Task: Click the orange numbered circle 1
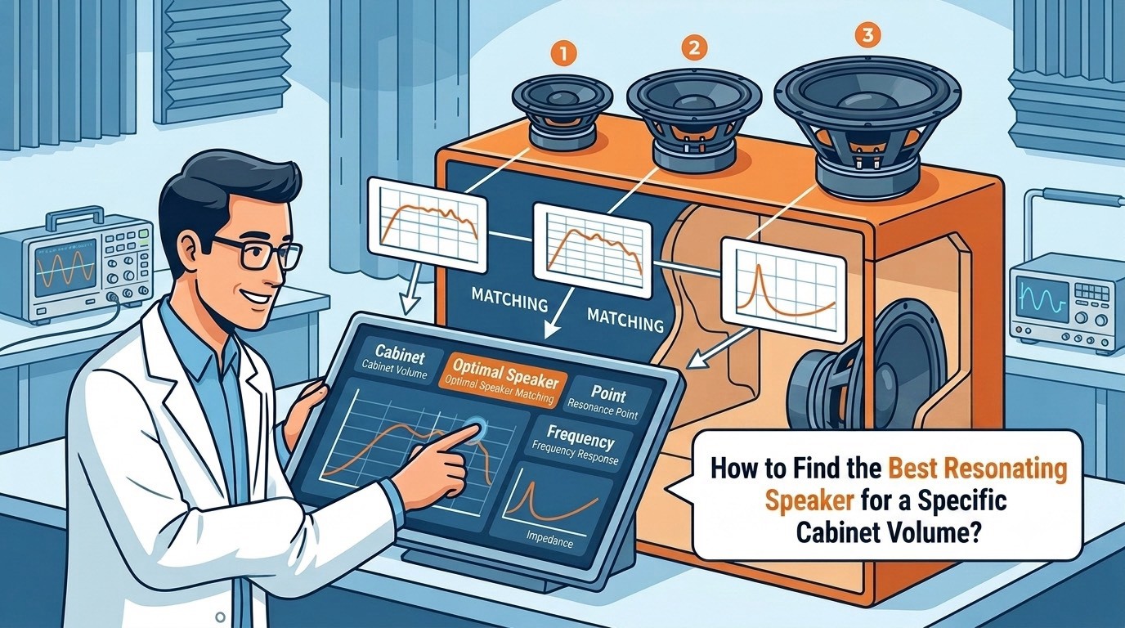[x=563, y=55]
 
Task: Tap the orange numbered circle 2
[x=694, y=47]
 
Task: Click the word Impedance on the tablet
[x=549, y=539]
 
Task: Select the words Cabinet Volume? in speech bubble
[x=889, y=533]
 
